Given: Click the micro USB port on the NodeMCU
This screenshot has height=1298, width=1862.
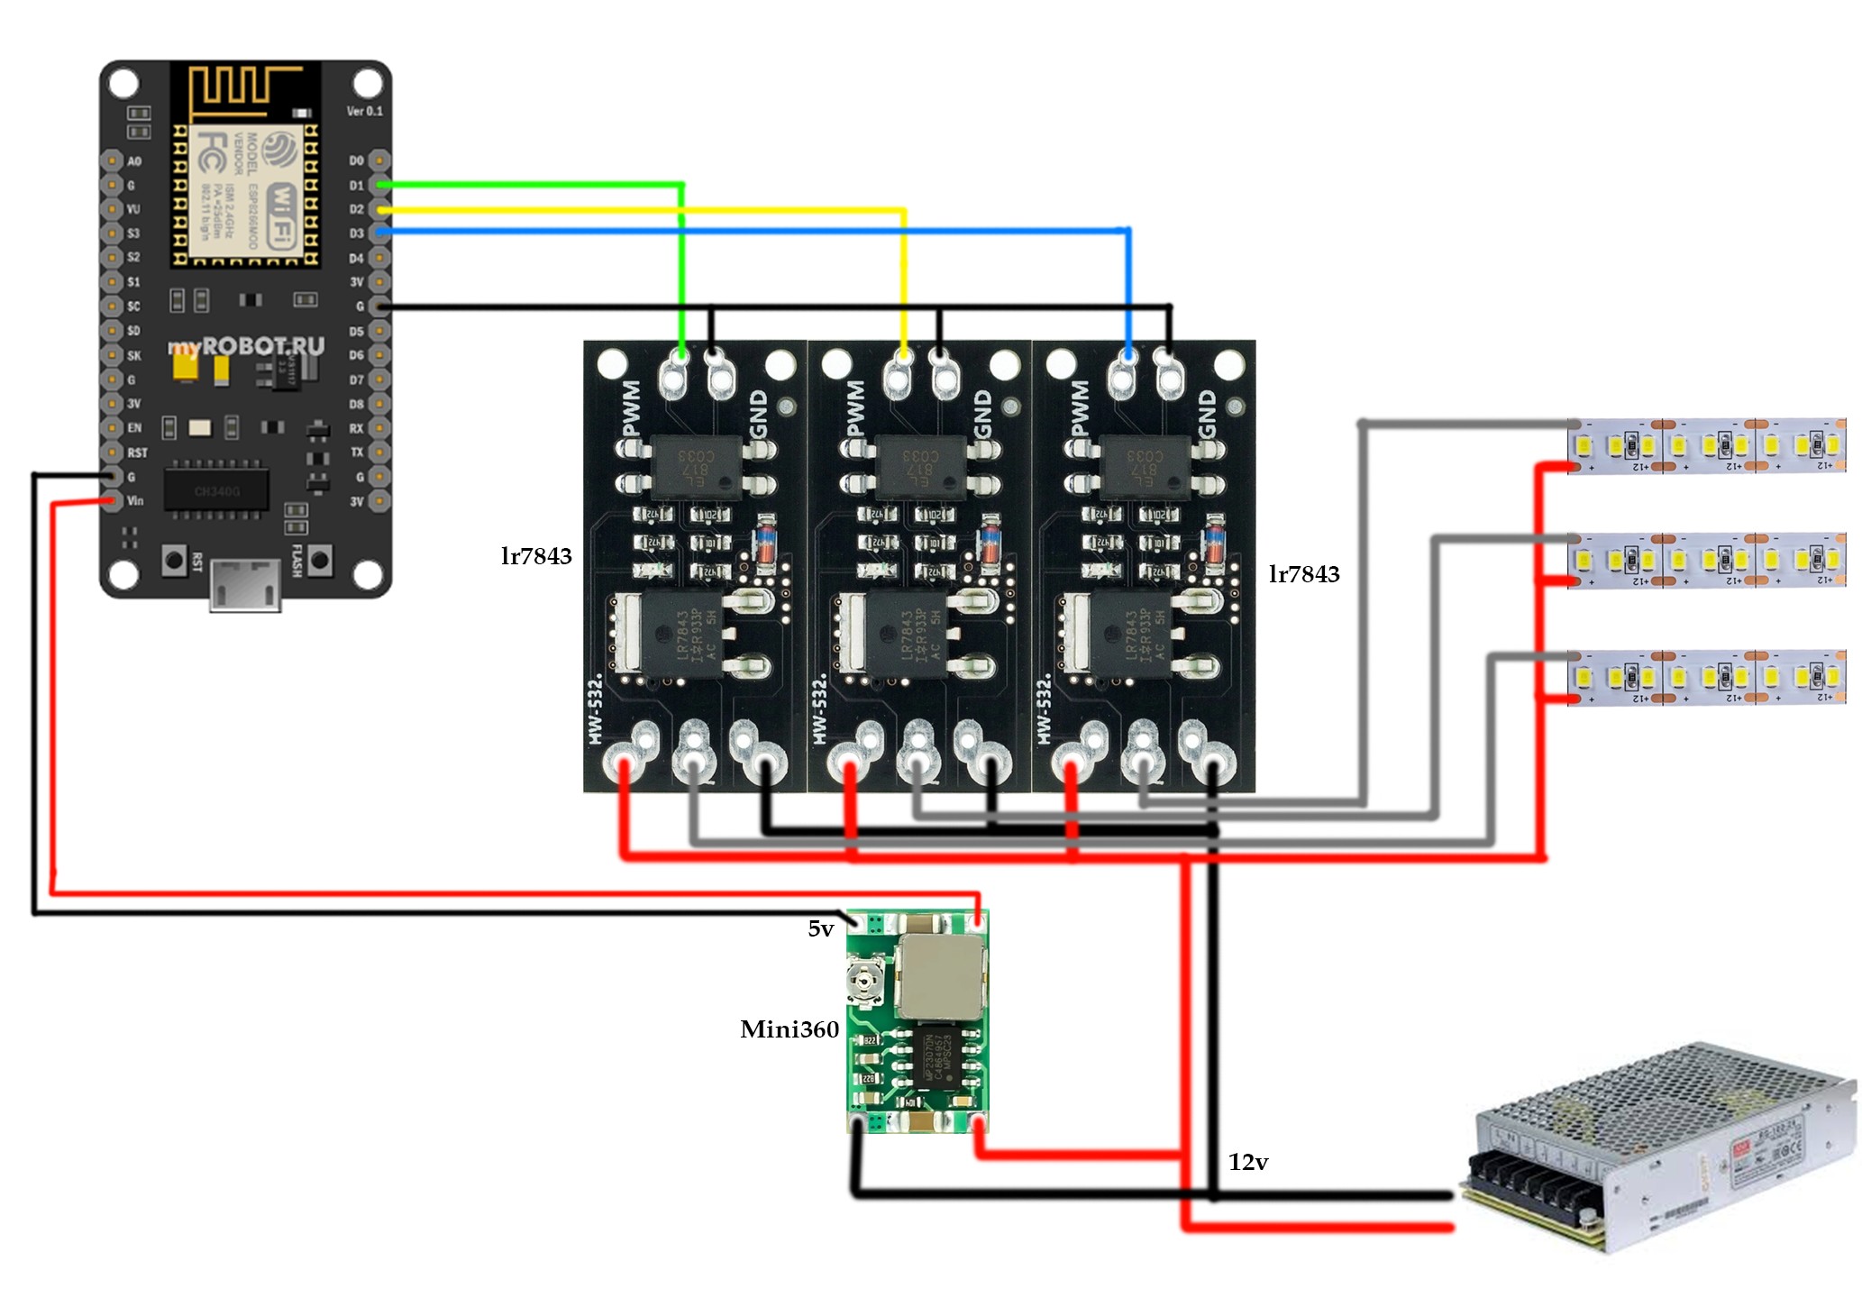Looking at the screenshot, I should click(x=245, y=583).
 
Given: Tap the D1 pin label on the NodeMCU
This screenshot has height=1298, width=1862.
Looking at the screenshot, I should click(x=357, y=186).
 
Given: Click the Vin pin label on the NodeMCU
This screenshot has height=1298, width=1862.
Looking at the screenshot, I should click(x=135, y=501).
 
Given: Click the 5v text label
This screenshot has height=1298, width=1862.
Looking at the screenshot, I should click(x=820, y=928).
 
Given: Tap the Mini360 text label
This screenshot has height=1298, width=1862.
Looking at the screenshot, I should click(x=789, y=1029).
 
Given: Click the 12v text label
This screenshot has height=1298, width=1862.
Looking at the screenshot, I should click(x=1247, y=1162).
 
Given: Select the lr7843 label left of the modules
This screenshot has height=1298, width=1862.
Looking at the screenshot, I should click(x=536, y=556).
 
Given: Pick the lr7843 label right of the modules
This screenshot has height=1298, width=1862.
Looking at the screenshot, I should click(x=1303, y=574).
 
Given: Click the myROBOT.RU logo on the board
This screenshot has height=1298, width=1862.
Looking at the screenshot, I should click(x=246, y=346).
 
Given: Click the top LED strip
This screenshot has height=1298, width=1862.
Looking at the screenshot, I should click(x=1706, y=445).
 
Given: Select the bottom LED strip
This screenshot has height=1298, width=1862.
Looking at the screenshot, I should click(x=1706, y=677).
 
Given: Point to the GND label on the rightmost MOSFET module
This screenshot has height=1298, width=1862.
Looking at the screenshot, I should click(x=1208, y=415).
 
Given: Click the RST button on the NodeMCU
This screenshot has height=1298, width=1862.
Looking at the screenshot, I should click(x=174, y=560).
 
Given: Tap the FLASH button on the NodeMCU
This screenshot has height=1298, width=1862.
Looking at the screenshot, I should click(x=319, y=560).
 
